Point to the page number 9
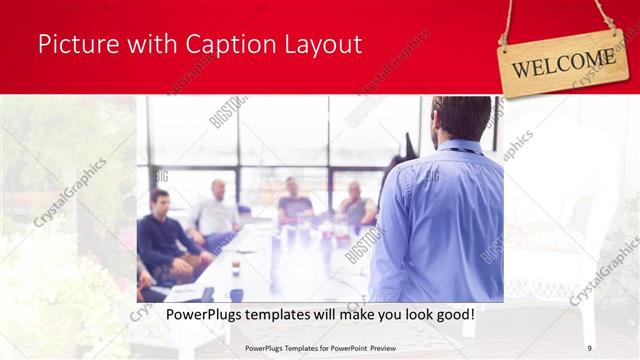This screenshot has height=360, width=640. pyautogui.click(x=589, y=348)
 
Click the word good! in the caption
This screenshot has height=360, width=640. pyautogui.click(x=451, y=315)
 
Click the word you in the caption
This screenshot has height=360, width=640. pyautogui.click(x=371, y=315)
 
